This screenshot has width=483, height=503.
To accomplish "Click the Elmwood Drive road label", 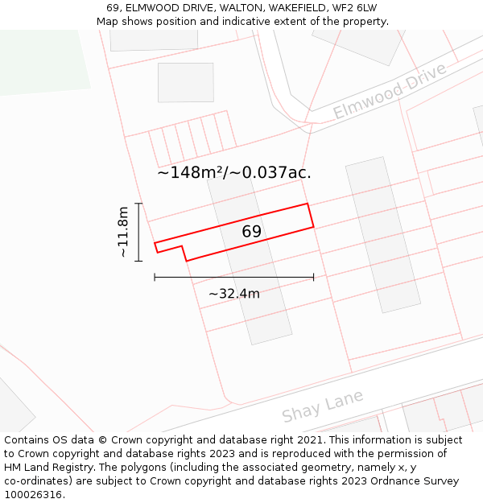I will point(390,92).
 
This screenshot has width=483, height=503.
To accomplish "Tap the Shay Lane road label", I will point(323,406).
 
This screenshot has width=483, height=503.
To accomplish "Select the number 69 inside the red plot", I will point(251,232).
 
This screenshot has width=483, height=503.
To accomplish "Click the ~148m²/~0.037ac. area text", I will point(233,172).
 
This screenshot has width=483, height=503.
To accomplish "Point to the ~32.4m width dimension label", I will point(233,294).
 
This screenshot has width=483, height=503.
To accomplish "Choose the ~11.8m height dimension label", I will point(123,232).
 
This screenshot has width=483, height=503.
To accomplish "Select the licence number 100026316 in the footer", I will point(34,495).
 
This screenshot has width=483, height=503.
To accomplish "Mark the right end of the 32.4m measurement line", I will point(314,277).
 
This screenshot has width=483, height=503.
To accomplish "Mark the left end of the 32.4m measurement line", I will point(155,277).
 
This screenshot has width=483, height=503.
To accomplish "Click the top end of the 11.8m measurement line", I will point(139,204).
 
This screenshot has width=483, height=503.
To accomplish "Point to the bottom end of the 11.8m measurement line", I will point(139,261).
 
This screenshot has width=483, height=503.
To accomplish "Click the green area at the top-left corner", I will point(32,60).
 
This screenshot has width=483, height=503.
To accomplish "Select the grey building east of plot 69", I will point(382,233).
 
